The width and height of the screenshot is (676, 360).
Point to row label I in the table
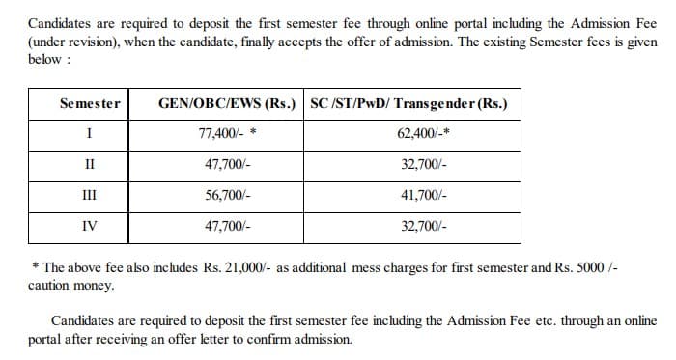tap(89, 134)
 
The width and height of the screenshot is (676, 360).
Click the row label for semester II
tap(89, 164)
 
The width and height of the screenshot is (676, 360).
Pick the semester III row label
tap(89, 194)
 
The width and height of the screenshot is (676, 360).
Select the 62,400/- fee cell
tap(423, 134)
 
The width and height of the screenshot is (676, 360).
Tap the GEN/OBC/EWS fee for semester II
tap(228, 164)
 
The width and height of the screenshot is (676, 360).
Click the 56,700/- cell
tap(228, 194)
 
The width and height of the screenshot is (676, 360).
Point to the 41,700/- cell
tap(423, 194)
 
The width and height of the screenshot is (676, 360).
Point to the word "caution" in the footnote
tap(50, 286)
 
